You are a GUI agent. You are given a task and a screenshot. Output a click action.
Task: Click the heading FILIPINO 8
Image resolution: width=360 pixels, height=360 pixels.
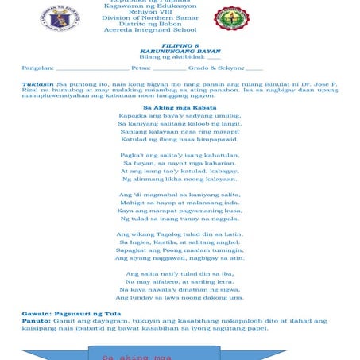click(180, 46)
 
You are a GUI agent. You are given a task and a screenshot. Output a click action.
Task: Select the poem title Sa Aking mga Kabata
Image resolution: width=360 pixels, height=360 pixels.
click(180, 106)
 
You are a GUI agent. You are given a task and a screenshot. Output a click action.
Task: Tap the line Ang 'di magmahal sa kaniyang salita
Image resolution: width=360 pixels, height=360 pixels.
click(180, 194)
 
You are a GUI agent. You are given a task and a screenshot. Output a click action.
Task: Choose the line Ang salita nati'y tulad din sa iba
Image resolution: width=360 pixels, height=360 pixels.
click(180, 273)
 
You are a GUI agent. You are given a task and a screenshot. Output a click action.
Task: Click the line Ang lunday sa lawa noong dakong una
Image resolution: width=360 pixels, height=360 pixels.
click(180, 297)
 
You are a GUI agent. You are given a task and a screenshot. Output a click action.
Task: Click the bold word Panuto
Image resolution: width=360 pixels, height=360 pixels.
click(37, 322)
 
